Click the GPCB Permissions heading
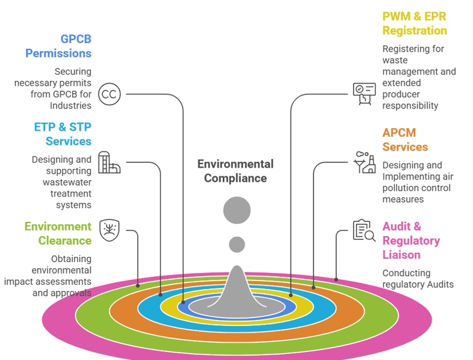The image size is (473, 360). [x=59, y=46]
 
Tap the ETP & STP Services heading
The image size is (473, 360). [x=63, y=134]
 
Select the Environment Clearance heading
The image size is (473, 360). [x=58, y=233]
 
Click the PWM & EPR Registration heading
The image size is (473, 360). [x=414, y=23]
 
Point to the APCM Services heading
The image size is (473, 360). [x=405, y=140]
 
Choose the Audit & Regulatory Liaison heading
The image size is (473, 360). [x=411, y=240]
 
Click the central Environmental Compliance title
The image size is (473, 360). [x=235, y=171]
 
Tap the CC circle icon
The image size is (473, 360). [x=110, y=94]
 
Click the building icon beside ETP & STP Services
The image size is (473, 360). [x=109, y=163]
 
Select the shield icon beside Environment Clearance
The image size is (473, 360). [x=110, y=231]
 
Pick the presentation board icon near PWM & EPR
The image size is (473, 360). [x=364, y=94]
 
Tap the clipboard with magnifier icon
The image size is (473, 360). [x=364, y=231]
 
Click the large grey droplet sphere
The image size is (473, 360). [x=237, y=210]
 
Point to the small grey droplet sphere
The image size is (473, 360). [x=237, y=245]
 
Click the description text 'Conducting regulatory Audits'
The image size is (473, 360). [x=418, y=279]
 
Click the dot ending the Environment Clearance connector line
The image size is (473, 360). [x=138, y=285]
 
